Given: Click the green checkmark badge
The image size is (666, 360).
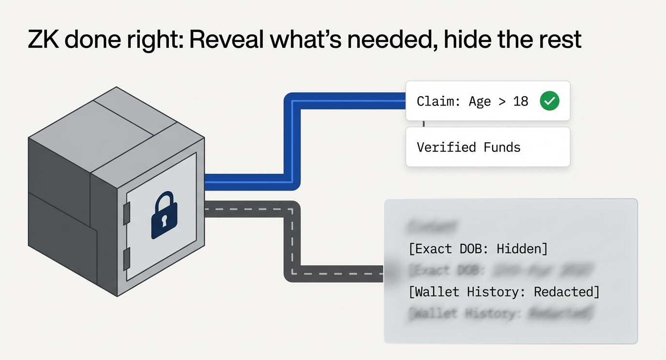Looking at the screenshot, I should click(x=549, y=101).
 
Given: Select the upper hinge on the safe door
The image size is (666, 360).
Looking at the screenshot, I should click(x=127, y=213).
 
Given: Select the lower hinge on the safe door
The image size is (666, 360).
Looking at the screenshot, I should click(x=127, y=259).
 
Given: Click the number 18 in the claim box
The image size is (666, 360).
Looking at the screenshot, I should click(x=521, y=102).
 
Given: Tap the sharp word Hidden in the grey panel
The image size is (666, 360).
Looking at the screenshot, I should click(x=519, y=249).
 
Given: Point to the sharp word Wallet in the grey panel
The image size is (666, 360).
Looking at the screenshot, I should click(x=437, y=292).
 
